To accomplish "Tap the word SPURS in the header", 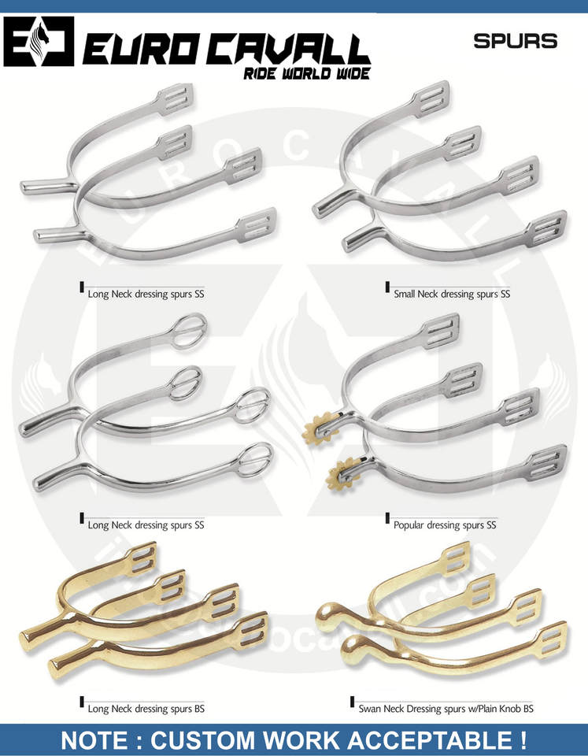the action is [x=515, y=41].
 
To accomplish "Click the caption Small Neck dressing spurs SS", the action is [x=452, y=295].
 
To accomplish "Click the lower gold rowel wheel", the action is [x=339, y=471].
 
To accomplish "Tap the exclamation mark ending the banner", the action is [x=523, y=740].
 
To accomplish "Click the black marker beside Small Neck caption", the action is [x=388, y=287].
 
